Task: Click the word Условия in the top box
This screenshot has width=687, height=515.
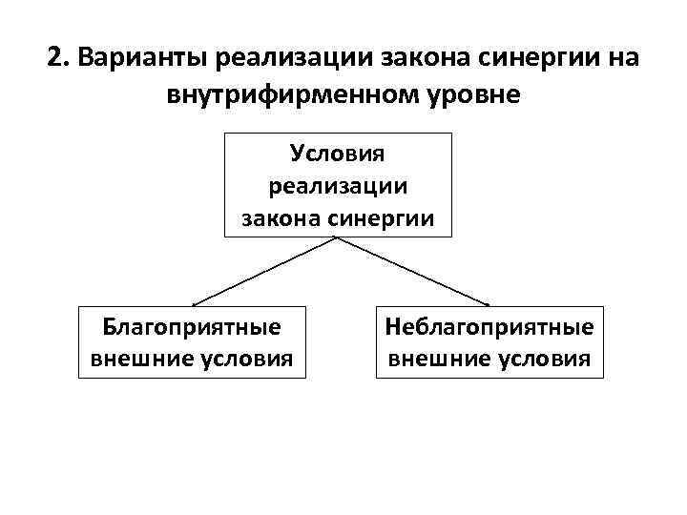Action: click(x=337, y=153)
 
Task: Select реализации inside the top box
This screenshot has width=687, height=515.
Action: click(x=337, y=185)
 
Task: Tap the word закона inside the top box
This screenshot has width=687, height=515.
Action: click(x=282, y=217)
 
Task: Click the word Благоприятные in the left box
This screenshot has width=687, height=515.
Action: click(x=192, y=327)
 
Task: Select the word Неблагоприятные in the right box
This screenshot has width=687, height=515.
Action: click(x=489, y=327)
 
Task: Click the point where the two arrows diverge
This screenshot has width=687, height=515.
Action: click(x=337, y=237)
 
